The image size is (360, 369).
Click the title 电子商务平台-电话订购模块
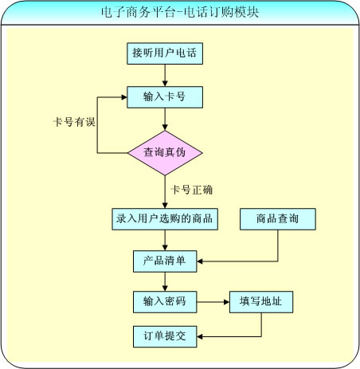click(x=180, y=12)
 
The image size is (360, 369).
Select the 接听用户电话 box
click(x=165, y=53)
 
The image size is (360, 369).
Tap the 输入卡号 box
click(x=165, y=97)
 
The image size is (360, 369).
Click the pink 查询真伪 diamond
click(x=165, y=153)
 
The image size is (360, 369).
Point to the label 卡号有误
click(x=74, y=122)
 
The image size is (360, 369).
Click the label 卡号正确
click(x=191, y=190)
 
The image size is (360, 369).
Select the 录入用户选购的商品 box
click(x=165, y=219)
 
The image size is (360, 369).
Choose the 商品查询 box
click(x=278, y=219)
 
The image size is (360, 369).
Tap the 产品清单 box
click(x=165, y=261)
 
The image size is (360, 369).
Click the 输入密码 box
click(x=165, y=302)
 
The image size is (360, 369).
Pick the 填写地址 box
click(x=261, y=302)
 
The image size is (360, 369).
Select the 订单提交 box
click(x=165, y=336)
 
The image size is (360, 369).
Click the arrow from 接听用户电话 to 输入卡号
click(x=165, y=76)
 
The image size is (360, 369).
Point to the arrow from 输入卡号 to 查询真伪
click(x=165, y=120)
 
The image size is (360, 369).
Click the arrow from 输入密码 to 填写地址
click(x=213, y=302)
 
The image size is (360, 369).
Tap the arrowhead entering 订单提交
click(x=200, y=336)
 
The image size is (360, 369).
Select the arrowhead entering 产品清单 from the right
click(x=200, y=261)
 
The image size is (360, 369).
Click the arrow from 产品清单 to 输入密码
click(x=165, y=281)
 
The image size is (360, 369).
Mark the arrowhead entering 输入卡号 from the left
click(x=124, y=97)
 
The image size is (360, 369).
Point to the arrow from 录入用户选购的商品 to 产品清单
click(x=165, y=240)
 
